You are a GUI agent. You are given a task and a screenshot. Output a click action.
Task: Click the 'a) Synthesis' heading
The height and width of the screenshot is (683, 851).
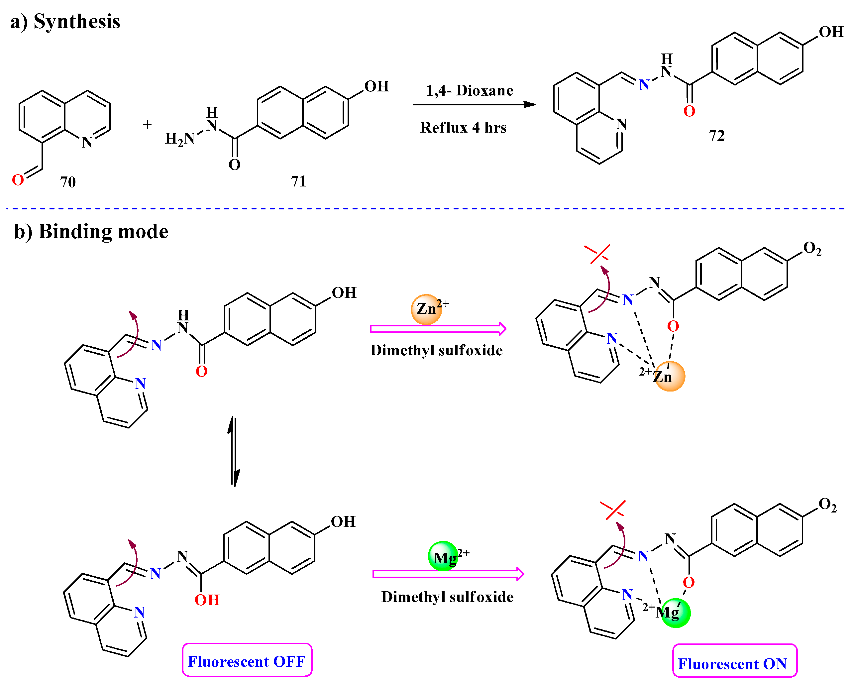65,21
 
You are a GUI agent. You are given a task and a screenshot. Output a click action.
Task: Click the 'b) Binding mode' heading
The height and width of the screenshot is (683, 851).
91,231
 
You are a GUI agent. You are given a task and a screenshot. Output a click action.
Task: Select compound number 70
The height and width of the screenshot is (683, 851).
67,182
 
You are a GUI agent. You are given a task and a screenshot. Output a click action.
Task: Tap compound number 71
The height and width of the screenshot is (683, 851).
298,181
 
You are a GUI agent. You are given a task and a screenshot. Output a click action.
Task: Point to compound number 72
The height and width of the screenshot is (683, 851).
717,135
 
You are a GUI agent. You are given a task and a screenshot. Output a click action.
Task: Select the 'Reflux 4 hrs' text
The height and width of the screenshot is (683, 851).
463,128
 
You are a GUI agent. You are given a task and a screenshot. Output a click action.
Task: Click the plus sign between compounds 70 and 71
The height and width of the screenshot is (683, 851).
147,124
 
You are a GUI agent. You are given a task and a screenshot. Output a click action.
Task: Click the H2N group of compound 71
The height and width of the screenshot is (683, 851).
179,139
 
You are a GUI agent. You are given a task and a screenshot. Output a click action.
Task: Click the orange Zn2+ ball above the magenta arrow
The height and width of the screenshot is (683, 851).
426,309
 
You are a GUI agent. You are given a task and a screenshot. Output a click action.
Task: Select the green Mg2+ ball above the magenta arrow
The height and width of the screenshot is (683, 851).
443,556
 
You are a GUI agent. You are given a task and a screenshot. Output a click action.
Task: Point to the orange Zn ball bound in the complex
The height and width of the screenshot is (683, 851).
670,376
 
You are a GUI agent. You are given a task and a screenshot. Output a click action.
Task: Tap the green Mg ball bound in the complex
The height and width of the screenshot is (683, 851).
675,613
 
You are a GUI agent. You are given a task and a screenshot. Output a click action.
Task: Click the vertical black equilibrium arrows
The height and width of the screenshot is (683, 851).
234,451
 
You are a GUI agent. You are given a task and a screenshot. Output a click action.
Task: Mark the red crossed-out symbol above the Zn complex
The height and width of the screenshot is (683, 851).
597,254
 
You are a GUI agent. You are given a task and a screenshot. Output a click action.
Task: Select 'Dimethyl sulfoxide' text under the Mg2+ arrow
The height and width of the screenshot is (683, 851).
447,597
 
